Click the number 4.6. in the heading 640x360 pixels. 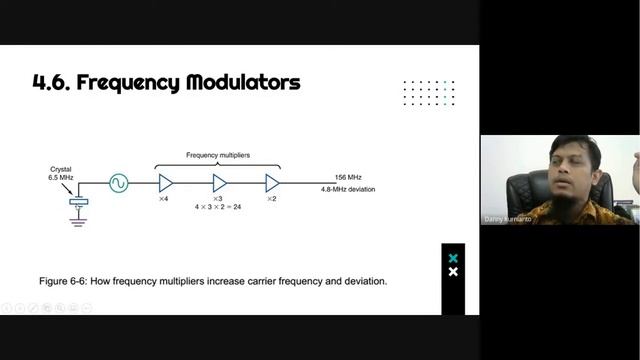52,83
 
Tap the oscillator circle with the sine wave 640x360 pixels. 118,183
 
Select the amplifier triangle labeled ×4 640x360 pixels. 166,183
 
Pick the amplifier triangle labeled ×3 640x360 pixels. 219,183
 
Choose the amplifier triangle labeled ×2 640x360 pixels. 272,183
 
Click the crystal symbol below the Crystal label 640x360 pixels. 77,202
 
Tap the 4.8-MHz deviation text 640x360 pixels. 348,189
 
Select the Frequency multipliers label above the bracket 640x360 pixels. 218,155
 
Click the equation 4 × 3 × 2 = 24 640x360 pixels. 219,206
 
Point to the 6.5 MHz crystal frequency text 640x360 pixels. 62,178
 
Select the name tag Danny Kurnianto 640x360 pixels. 508,218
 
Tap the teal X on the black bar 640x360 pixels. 453,259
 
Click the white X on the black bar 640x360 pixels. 453,272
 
